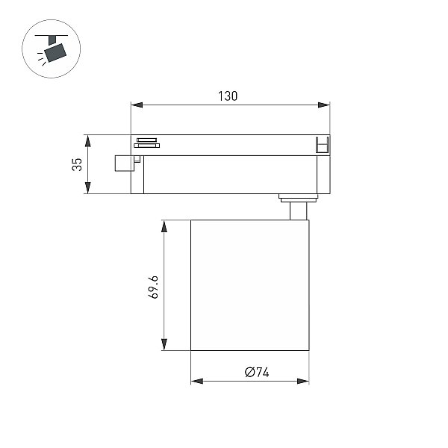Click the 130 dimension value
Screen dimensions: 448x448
228,96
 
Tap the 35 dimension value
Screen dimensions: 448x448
77,164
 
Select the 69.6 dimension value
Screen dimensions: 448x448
153,287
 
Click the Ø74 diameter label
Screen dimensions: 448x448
257,373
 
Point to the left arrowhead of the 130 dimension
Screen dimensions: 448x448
137,105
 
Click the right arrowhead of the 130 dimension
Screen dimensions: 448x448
324,105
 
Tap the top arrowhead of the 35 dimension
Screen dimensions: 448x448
87,141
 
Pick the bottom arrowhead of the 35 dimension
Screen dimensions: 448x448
87,187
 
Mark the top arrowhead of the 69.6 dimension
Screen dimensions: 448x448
164,226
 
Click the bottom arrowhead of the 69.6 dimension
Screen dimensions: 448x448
164,344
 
